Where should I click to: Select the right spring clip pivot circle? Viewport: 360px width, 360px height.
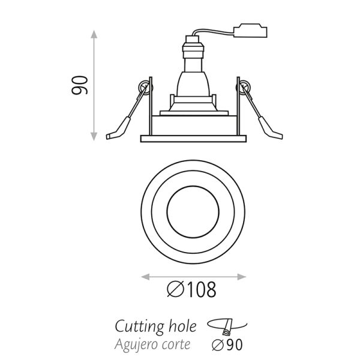(x=244, y=89)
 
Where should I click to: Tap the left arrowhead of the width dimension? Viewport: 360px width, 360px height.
(x=142, y=277)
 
